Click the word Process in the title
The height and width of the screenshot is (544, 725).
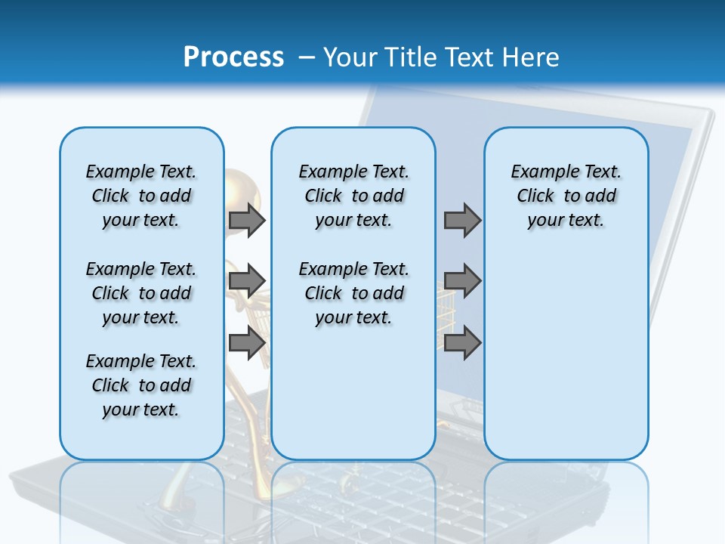click(x=233, y=57)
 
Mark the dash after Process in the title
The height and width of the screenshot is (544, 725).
click(x=307, y=57)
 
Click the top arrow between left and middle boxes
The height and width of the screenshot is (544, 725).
click(x=247, y=220)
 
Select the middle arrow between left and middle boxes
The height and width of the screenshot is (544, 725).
click(x=247, y=281)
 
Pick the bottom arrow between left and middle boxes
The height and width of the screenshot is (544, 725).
click(x=247, y=342)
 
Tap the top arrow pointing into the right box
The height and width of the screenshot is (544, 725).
click(x=462, y=220)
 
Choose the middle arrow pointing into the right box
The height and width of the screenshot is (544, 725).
click(x=462, y=281)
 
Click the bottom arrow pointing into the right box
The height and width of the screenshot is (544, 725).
click(x=462, y=342)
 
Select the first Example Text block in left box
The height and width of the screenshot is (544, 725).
click(x=141, y=196)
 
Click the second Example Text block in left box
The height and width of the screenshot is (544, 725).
click(x=141, y=293)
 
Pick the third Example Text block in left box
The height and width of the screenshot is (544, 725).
click(x=141, y=385)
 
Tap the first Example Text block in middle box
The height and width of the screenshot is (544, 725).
click(x=353, y=196)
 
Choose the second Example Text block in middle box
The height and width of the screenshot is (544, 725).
click(x=353, y=293)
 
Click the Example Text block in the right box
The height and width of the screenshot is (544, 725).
click(x=566, y=196)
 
